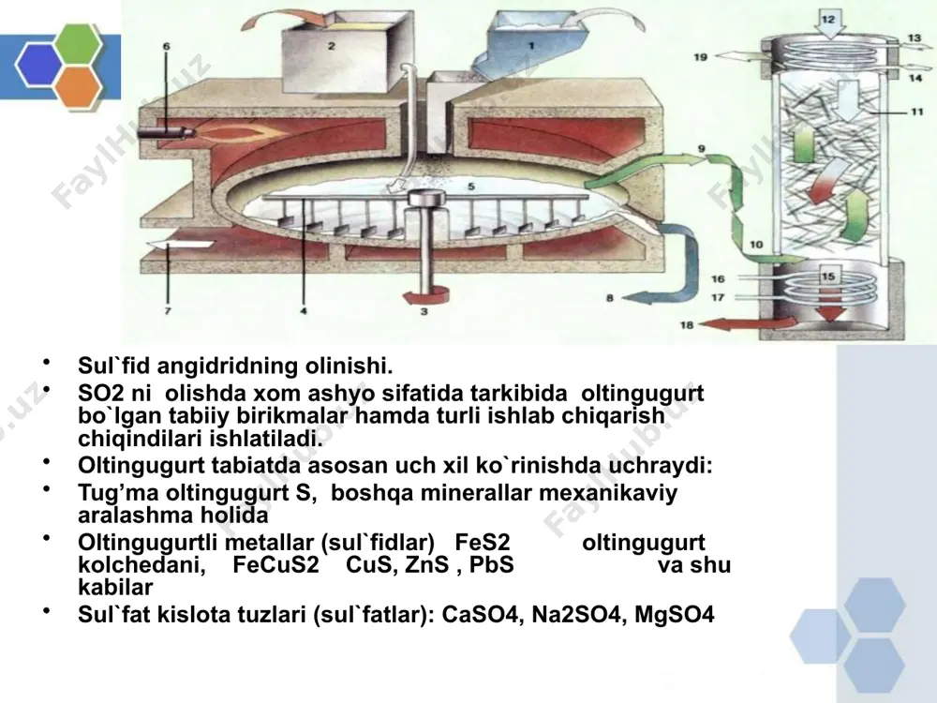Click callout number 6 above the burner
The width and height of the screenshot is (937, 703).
(166, 46)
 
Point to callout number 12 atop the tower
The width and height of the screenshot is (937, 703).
(828, 19)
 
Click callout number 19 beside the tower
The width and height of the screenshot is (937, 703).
(700, 57)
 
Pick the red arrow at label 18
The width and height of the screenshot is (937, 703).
(748, 323)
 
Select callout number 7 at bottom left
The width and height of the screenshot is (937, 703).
(168, 311)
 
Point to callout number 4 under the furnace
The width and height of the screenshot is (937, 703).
(304, 311)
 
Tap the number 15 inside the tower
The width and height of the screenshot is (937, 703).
(827, 276)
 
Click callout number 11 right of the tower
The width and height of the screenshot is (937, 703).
(917, 112)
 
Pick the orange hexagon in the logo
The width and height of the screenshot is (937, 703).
(80, 85)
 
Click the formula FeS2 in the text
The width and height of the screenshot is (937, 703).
(483, 542)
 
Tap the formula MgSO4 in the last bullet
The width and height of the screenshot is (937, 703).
(674, 614)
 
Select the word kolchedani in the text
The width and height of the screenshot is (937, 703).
(141, 564)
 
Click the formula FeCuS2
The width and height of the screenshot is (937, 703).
(276, 564)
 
